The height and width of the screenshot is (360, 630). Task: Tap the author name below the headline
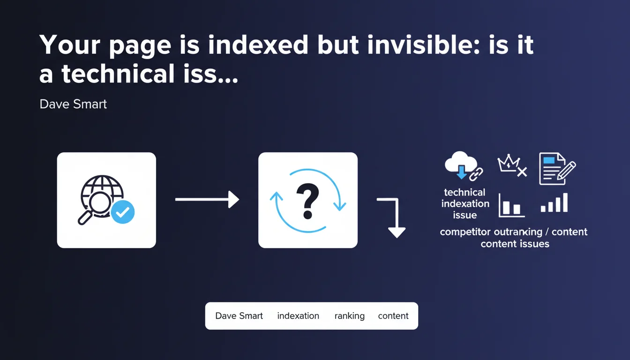click(73, 104)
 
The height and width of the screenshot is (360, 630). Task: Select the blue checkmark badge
click(123, 212)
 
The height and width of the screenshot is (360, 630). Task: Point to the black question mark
click(307, 201)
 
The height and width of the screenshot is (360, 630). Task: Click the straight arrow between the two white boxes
click(207, 199)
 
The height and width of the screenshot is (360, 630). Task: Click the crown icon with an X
click(512, 165)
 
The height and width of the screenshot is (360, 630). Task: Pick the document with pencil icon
click(557, 168)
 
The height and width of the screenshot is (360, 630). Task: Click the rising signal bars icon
click(554, 202)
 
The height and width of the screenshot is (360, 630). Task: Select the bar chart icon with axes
click(511, 205)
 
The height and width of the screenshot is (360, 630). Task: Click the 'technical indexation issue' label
click(465, 203)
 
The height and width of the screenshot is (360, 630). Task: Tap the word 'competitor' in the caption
click(465, 232)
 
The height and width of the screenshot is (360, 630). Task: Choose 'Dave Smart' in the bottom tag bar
click(239, 316)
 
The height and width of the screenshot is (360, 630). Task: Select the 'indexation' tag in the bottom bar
click(298, 316)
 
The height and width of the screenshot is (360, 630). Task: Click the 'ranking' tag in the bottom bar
click(350, 316)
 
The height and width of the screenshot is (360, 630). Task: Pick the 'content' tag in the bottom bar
click(393, 316)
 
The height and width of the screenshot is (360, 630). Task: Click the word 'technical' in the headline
click(118, 74)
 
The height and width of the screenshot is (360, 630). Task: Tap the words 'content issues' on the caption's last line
click(515, 244)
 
